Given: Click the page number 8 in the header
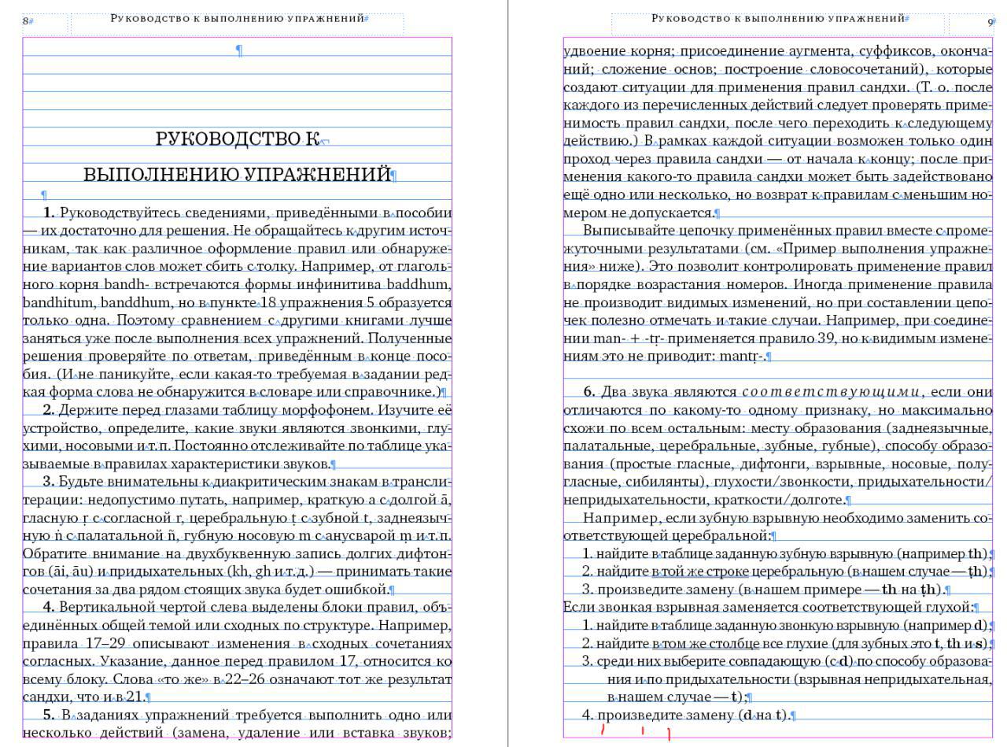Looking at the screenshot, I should tap(25, 21).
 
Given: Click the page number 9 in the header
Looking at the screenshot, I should tap(990, 22).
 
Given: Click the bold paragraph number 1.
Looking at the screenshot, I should tap(49, 213).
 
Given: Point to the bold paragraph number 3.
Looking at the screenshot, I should tap(48, 482).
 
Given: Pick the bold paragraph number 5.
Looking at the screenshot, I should tap(49, 715).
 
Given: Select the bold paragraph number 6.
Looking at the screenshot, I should tap(589, 392).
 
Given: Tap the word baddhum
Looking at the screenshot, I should tap(425, 284).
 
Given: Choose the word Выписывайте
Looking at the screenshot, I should tap(627, 231).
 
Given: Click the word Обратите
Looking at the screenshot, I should tap(50, 553).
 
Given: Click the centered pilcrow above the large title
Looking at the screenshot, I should tap(239, 50).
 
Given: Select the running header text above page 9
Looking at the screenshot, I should tap(778, 18).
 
